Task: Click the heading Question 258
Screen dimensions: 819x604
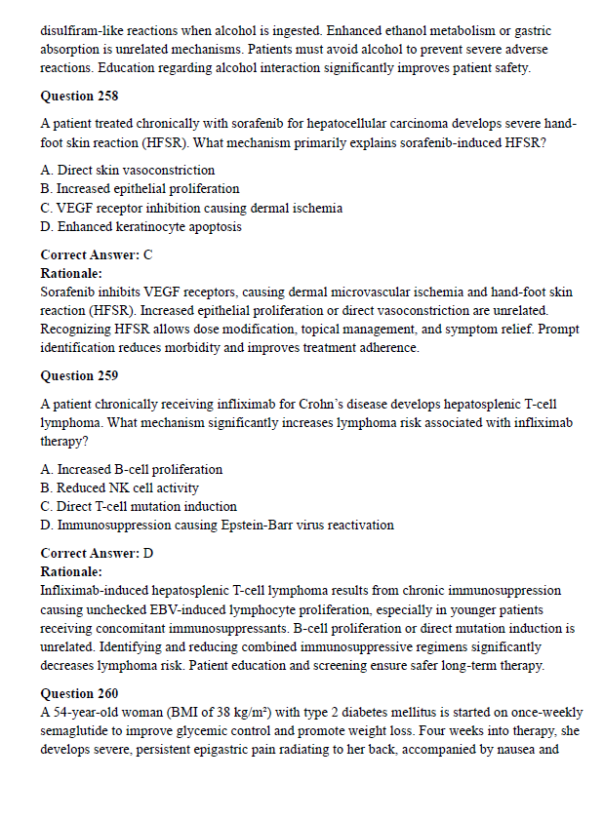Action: (80, 97)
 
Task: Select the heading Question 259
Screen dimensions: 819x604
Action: (80, 375)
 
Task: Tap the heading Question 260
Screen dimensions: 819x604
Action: (80, 694)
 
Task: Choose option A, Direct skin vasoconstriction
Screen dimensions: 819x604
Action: (128, 171)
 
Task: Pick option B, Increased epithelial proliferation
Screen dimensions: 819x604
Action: (140, 189)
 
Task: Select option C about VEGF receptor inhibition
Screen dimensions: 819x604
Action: (191, 208)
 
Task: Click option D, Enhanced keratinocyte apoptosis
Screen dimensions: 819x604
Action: (141, 226)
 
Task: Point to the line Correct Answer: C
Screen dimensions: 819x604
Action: (97, 254)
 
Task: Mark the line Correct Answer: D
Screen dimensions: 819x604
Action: (97, 553)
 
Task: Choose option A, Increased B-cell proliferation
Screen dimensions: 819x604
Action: (132, 469)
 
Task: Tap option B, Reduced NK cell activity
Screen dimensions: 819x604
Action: (120, 487)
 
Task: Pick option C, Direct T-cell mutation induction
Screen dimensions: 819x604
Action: (139, 506)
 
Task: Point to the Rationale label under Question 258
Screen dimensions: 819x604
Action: (71, 273)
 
